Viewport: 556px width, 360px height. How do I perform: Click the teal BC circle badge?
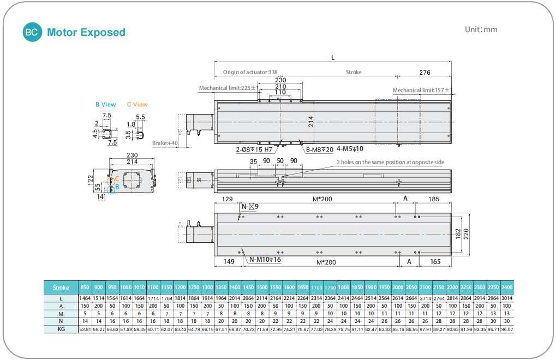[32, 32]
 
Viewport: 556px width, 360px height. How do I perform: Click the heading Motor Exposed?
[86, 33]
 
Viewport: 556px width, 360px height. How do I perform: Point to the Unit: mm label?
[481, 29]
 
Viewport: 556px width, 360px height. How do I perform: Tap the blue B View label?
[105, 104]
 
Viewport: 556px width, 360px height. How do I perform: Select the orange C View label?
[137, 104]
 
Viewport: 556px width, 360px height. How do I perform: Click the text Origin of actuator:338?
[250, 72]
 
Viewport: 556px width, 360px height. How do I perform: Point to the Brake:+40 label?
[165, 143]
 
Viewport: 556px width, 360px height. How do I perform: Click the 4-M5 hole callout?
[350, 148]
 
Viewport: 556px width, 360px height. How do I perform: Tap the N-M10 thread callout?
[265, 260]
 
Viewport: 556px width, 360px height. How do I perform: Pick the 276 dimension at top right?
[425, 72]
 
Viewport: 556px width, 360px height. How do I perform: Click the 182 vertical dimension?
[457, 233]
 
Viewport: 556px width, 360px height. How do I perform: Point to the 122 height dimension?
[90, 180]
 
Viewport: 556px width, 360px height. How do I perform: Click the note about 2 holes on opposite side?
[391, 162]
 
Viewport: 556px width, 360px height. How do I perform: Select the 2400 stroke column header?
[507, 287]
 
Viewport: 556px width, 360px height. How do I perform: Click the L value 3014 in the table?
[507, 298]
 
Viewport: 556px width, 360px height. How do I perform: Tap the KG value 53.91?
[85, 329]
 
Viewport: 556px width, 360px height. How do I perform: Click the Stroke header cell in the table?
[61, 287]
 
